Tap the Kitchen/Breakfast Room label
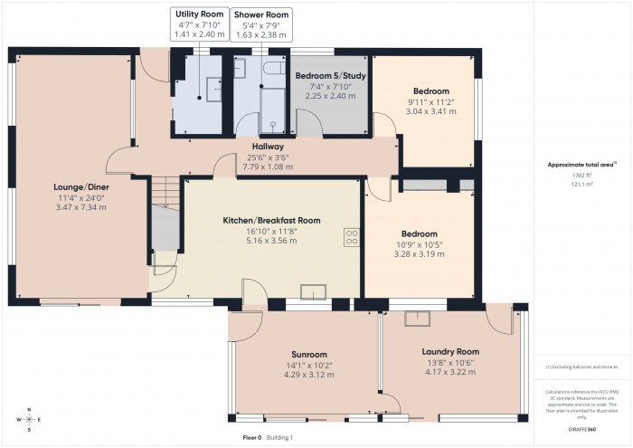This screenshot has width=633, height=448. (272, 220)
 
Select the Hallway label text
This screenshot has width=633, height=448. (268, 146)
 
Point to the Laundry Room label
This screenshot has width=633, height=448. (449, 351)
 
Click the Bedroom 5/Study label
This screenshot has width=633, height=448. (330, 76)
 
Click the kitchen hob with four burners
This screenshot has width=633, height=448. (351, 237)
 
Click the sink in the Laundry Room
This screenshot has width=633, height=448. (419, 318)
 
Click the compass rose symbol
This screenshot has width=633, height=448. (30, 420)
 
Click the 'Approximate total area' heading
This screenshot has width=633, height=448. (581, 164)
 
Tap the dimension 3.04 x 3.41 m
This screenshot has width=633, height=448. (431, 112)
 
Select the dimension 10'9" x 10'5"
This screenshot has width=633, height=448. (419, 244)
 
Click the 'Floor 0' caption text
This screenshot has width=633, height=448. (252, 437)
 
